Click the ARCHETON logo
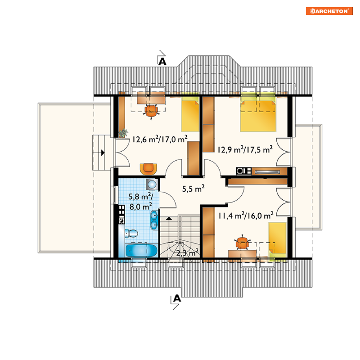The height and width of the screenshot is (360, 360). tap(329, 11)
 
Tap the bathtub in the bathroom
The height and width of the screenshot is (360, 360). tap(141, 250)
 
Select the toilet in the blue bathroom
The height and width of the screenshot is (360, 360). tap(131, 233)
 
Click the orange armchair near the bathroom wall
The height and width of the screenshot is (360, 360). tap(148, 169)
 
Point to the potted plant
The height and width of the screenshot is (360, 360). tap(123, 133)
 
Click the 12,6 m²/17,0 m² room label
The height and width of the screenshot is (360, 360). tap(160, 139)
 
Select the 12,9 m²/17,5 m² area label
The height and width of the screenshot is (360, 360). tap(245, 149)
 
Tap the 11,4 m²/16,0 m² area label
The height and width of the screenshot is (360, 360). tap(246, 216)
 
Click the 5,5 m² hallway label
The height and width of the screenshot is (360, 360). tap(193, 189)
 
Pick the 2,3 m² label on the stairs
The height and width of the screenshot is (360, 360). tap(187, 253)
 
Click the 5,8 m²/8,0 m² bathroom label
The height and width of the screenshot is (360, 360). tap(141, 202)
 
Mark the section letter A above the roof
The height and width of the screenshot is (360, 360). tap(162, 62)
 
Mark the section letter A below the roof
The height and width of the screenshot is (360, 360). tap(177, 298)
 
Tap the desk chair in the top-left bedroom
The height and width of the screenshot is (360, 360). tap(151, 111)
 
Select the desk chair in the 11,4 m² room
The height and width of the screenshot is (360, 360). tap(242, 242)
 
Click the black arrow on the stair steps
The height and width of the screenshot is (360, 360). tap(169, 218)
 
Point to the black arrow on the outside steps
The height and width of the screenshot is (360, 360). tap(103, 152)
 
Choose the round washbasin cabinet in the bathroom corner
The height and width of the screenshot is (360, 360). tap(152, 184)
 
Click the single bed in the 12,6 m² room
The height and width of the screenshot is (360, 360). tap(190, 114)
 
